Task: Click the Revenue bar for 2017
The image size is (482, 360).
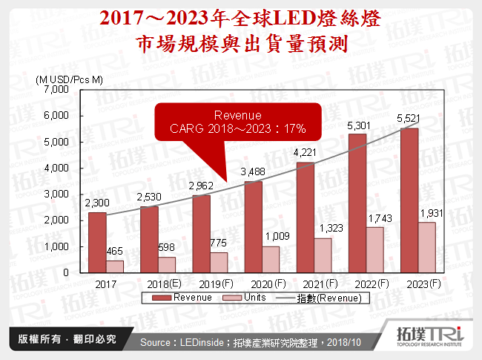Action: click(96, 243)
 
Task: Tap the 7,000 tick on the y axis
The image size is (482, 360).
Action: click(56, 90)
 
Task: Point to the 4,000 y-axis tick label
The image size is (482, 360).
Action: click(56, 168)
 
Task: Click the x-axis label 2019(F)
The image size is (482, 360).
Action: click(211, 283)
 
